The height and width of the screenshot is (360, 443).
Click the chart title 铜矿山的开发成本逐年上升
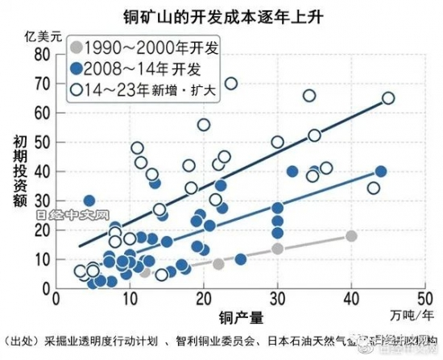(x=221, y=14)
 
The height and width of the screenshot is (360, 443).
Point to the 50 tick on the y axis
(x=43, y=142)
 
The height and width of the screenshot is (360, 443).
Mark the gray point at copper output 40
(x=351, y=236)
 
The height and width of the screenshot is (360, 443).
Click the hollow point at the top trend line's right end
(x=387, y=98)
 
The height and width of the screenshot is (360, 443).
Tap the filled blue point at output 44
(x=381, y=171)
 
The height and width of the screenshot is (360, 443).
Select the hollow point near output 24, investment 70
(x=230, y=83)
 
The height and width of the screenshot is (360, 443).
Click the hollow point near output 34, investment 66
(x=308, y=96)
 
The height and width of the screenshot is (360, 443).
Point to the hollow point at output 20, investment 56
(x=204, y=125)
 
